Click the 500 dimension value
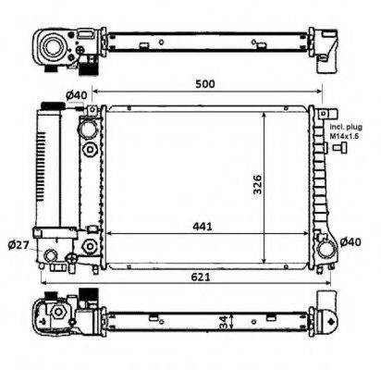205,84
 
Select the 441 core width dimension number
203,227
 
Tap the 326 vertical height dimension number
257,185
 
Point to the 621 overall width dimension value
201,277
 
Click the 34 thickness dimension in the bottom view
224,322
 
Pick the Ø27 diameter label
18,245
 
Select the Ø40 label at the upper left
77,95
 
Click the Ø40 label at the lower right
350,242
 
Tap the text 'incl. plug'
346,127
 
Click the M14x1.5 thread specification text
345,136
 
